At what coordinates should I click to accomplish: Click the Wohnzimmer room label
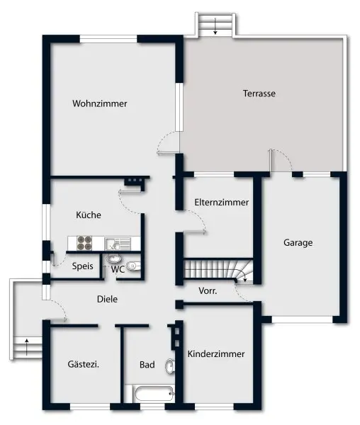99,103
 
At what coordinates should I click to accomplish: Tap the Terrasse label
259,93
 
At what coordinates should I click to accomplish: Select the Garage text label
298,242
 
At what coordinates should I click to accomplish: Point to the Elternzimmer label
221,202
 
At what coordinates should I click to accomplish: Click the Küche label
89,215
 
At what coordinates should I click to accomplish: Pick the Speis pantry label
82,268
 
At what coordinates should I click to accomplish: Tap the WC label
118,268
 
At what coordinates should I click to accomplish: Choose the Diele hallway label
107,299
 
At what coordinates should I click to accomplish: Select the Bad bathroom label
147,365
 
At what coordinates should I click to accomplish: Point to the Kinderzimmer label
216,353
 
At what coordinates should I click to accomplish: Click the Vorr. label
208,290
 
